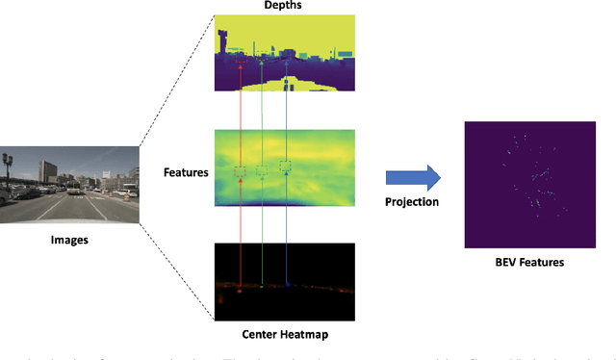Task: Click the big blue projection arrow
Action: pyautogui.click(x=411, y=176)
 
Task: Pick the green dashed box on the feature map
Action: pyautogui.click(x=262, y=169)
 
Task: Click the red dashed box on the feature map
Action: pyautogui.click(x=240, y=172)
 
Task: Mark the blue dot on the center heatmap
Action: pyautogui.click(x=287, y=285)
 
